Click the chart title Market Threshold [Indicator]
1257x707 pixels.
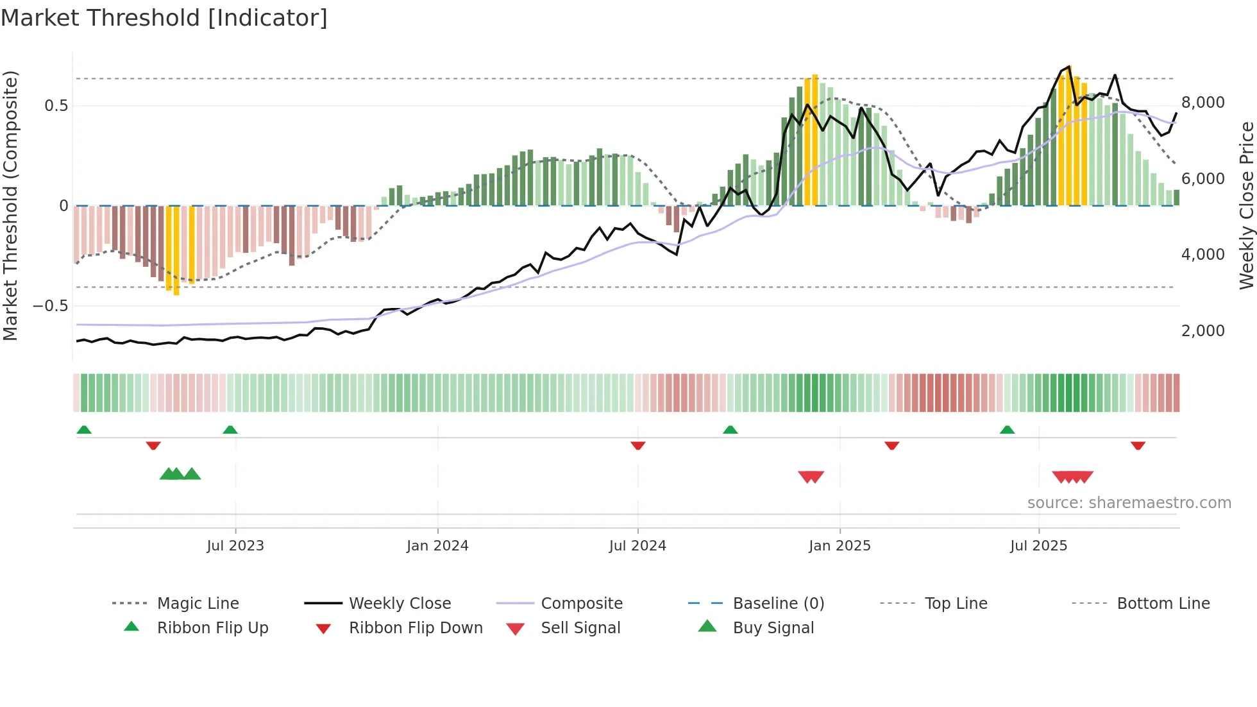pos(164,18)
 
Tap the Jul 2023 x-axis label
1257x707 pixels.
pos(235,546)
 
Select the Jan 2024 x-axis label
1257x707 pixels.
pos(437,546)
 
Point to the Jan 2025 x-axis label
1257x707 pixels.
pos(839,546)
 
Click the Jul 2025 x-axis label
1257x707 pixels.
pos(1038,546)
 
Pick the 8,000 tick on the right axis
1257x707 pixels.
pos(1202,103)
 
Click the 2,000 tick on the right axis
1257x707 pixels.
pos(1202,331)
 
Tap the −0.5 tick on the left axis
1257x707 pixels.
pos(51,306)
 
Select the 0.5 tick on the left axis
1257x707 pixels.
pos(56,106)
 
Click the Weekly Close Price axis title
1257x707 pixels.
pos(1246,205)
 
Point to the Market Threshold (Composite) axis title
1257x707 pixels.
pos(10,205)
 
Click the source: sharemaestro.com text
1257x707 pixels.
pos(1129,503)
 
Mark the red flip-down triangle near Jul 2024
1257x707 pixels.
pos(637,445)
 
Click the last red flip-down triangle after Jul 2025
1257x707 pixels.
pos(1138,445)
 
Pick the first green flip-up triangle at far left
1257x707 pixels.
pos(84,430)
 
